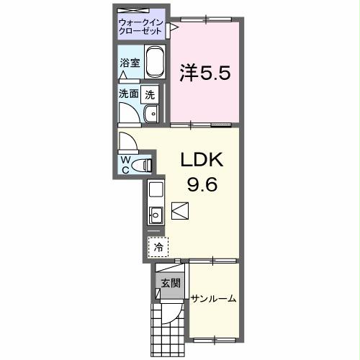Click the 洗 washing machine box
pyautogui.click(x=150, y=94)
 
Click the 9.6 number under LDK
pyautogui.click(x=199, y=184)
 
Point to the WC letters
pyautogui.click(x=125, y=165)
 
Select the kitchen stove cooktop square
pyautogui.click(x=156, y=192)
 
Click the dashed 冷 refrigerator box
pyautogui.click(x=156, y=247)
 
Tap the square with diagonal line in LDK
pyautogui.click(x=180, y=211)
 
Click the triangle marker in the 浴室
pyautogui.click(x=124, y=75)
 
